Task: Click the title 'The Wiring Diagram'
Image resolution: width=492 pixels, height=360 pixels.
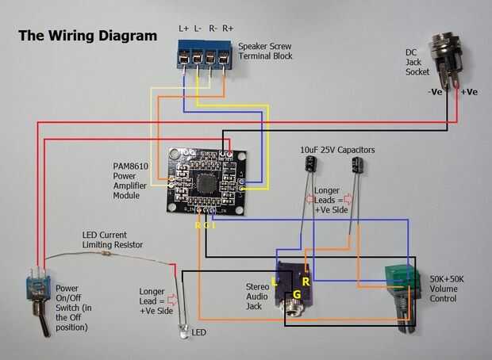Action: coord(87,36)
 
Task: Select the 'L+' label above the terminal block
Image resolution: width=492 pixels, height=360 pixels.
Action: coord(184,29)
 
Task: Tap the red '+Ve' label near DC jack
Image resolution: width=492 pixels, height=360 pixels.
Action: coord(468,92)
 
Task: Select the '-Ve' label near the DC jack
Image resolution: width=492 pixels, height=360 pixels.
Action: coord(436,92)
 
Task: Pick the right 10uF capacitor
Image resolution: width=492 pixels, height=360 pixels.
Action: coord(359,167)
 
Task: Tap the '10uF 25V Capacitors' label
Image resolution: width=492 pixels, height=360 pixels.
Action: coord(337,149)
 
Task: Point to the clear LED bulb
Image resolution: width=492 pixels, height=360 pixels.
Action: coord(184,334)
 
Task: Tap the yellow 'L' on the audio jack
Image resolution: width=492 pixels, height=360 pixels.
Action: coord(275,281)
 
